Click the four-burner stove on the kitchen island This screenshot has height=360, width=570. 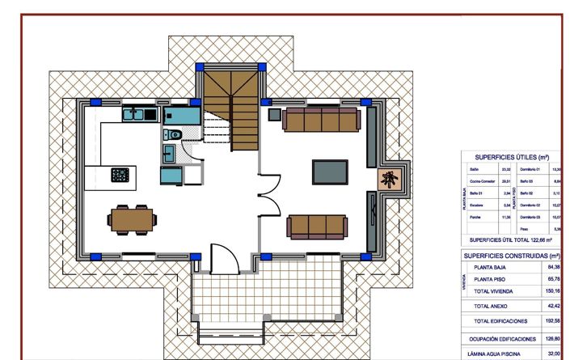point(120,175)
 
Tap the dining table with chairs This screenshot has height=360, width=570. point(132,218)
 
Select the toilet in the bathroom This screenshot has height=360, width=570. point(172,134)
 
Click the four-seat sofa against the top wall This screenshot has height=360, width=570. point(321,120)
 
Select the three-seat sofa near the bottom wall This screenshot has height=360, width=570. point(318,225)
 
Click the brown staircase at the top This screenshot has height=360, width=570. point(230,101)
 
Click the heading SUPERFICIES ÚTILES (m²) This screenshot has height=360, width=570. point(512,157)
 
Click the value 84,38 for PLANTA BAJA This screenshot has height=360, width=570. point(553,266)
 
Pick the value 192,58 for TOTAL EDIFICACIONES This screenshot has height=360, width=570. point(553,321)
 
